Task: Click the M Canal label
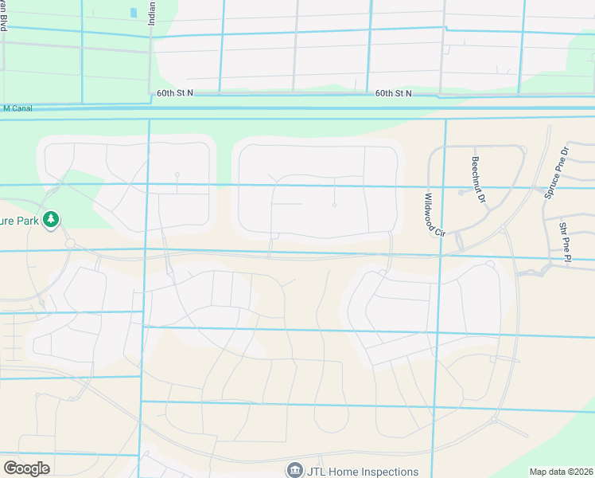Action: click(x=17, y=108)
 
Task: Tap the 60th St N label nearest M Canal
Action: click(x=176, y=93)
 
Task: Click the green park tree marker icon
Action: click(x=51, y=219)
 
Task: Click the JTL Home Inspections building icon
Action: click(x=294, y=471)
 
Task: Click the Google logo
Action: click(x=26, y=468)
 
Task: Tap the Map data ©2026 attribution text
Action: click(x=561, y=472)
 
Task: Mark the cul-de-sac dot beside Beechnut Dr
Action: click(x=461, y=192)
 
